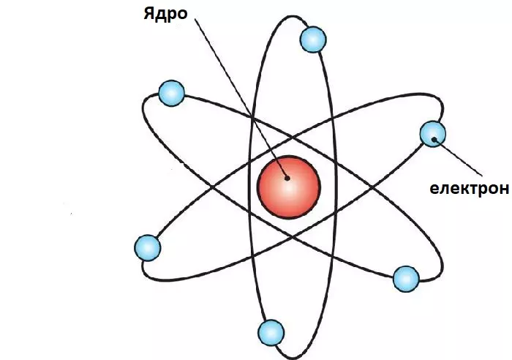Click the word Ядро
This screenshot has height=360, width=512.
[x=166, y=15]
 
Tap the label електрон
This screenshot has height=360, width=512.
[x=468, y=189]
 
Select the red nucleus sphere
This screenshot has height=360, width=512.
[x=288, y=186]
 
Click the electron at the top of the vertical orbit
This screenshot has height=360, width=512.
[x=312, y=40]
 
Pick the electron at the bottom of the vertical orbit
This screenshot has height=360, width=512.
[x=271, y=333]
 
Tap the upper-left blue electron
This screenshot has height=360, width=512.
[x=171, y=93]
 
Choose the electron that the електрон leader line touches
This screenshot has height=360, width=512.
[x=433, y=134]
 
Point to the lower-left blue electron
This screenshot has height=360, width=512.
[x=148, y=247]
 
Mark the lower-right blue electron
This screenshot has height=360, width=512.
[x=406, y=279]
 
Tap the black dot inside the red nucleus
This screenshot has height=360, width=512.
[x=287, y=177]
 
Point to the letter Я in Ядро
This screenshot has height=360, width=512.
[x=148, y=15]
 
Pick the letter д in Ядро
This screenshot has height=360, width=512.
[x=160, y=15]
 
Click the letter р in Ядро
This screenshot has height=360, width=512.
[x=172, y=16]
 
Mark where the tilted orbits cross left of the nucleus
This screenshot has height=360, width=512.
[x=214, y=187]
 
